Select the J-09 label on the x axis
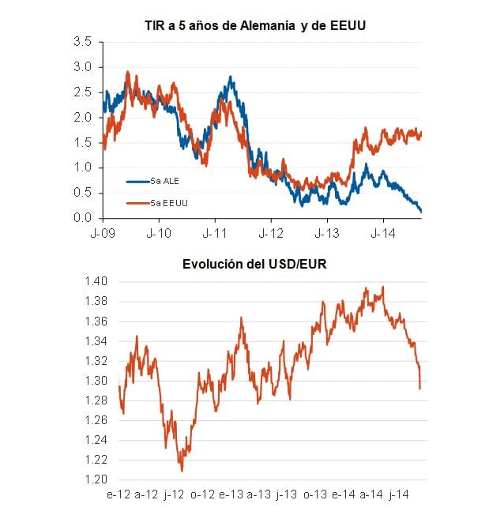(x=103, y=234)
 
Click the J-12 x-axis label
(x=271, y=234)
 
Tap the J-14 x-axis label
(x=383, y=234)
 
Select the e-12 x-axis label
(x=118, y=495)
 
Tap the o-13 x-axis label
(x=314, y=495)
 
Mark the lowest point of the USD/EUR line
(x=182, y=472)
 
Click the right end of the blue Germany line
(x=421, y=211)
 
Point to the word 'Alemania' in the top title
(x=273, y=26)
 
